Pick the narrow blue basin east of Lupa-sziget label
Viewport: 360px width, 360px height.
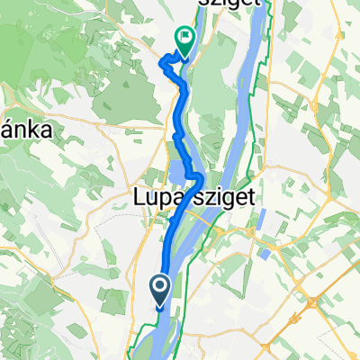pyautogui.click(x=262, y=221)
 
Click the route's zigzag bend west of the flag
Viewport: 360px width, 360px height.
pyautogui.click(x=167, y=62)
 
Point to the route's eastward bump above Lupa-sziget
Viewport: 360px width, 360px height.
pyautogui.click(x=195, y=174)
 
